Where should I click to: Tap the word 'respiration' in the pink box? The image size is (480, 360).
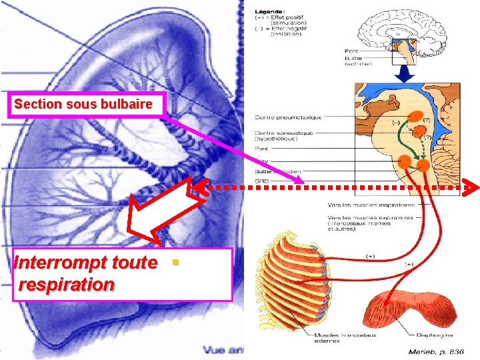(67, 285)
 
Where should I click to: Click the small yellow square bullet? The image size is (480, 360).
(175, 263)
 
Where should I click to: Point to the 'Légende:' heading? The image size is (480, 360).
(270, 11)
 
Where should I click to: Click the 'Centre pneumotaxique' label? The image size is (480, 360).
(288, 117)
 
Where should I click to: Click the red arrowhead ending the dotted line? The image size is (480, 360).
(472, 188)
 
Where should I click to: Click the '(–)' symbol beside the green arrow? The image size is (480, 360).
(396, 123)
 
